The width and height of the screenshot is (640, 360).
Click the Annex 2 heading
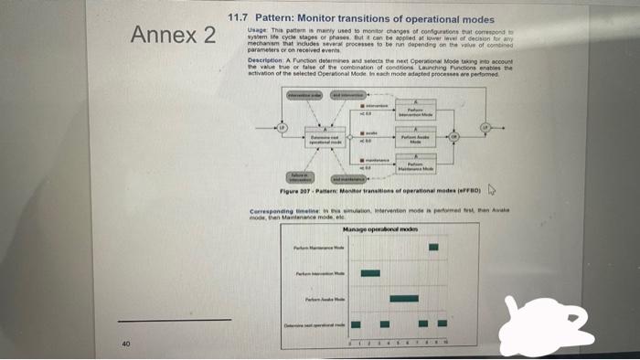point(174,37)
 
